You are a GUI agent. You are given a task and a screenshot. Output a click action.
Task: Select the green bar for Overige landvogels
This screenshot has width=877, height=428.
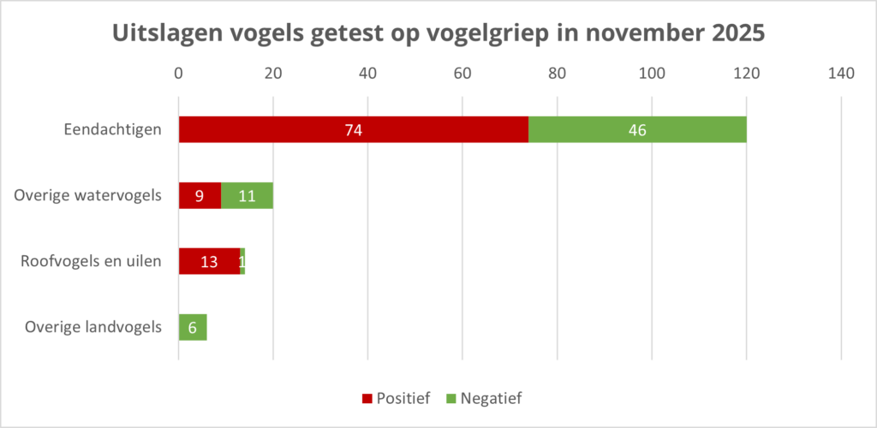[x=193, y=327]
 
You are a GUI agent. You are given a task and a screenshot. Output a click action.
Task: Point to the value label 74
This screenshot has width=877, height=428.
[x=354, y=130]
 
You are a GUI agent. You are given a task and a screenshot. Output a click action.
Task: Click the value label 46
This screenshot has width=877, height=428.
[x=636, y=130]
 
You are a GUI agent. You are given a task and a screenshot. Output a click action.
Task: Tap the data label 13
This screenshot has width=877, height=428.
[x=209, y=261]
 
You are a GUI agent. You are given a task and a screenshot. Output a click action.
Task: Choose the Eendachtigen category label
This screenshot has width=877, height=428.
[x=113, y=130]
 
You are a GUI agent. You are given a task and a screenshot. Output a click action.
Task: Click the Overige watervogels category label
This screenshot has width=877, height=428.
[x=88, y=195]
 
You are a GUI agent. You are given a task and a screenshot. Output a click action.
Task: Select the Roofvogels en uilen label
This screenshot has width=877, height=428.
[x=91, y=261]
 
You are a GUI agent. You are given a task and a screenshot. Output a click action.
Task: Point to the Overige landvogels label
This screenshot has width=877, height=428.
[x=93, y=327]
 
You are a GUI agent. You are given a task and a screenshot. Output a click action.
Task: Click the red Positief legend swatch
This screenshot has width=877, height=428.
[x=367, y=398]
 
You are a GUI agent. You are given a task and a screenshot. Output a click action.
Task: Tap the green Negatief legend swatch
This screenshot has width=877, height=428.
[x=451, y=398]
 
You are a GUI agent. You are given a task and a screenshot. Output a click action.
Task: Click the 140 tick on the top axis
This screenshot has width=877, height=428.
[x=841, y=74]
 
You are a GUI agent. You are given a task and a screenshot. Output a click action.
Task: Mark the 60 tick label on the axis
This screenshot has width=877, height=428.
[x=462, y=74]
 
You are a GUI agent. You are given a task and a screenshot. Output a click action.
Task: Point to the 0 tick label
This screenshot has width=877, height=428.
[x=179, y=74]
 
